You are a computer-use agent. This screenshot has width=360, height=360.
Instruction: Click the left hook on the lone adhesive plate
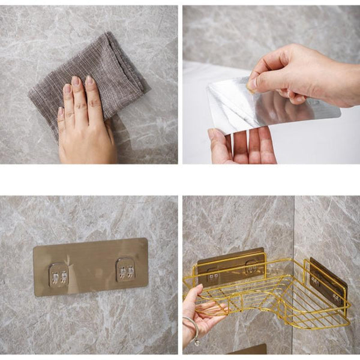59,274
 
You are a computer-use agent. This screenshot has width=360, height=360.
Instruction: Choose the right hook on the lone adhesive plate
125,270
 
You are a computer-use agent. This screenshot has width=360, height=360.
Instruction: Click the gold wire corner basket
270,294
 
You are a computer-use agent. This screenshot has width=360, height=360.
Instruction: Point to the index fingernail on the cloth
76,80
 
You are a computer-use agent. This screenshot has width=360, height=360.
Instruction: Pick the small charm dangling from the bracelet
197,341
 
